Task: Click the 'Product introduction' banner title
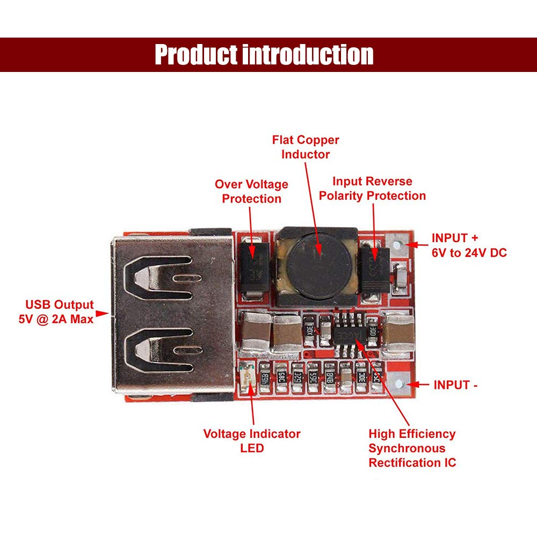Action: pos(264,55)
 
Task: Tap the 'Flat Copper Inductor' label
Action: pos(306,147)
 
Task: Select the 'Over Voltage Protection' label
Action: pos(251,192)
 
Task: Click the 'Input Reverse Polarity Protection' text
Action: pos(372,188)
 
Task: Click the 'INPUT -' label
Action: pos(455,384)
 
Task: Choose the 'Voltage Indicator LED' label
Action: pos(252,440)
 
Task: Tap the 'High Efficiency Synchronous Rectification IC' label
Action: pos(412,448)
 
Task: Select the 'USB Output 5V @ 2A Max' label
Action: pos(56,311)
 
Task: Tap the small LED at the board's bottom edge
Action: pos(248,380)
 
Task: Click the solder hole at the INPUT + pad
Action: pos(397,245)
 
